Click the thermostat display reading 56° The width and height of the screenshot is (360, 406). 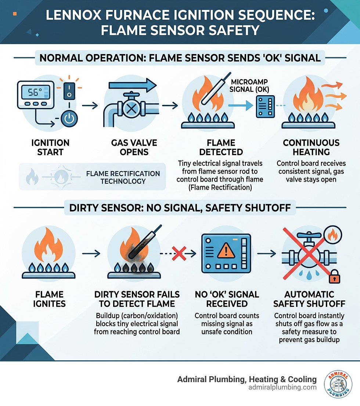point(35,92)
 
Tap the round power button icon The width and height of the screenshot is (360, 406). point(69,118)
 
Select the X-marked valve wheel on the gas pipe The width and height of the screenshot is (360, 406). point(132,108)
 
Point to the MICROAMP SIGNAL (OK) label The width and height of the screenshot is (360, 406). point(249,86)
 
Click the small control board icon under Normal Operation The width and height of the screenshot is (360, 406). point(265,106)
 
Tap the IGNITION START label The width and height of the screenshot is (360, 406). point(50,147)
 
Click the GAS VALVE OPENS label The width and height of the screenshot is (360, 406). point(134,147)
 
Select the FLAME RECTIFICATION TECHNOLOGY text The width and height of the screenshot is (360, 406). point(123,177)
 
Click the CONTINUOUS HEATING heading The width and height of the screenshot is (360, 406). point(311,147)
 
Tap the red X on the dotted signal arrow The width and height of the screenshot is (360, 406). point(179,253)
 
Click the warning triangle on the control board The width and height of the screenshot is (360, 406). point(226,251)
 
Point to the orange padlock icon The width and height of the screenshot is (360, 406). point(334,277)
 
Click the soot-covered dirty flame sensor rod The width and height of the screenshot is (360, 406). point(145,242)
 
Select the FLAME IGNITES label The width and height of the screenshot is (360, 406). point(49,299)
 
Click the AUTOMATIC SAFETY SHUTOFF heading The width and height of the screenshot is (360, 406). point(309,299)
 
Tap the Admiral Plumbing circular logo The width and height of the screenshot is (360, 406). point(338,384)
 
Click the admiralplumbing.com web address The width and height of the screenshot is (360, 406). point(282,387)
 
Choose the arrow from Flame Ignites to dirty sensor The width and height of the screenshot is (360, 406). point(91,253)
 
